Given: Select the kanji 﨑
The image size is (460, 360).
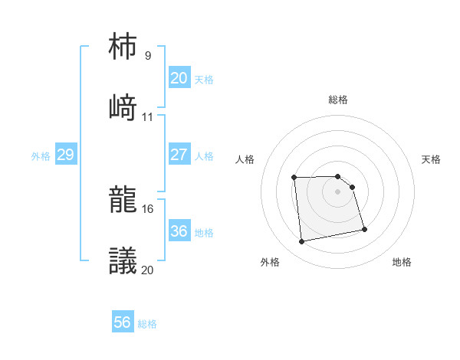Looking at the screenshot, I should click(123, 107).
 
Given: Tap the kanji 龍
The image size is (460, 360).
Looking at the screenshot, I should click(123, 201).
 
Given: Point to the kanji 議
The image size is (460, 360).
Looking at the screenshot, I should click(123, 261).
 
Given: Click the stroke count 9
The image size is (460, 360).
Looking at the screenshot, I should click(148, 56).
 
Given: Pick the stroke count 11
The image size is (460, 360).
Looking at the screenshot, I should click(148, 117).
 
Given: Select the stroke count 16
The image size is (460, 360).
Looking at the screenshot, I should click(148, 208).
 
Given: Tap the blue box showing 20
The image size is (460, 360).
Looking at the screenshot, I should click(179, 78).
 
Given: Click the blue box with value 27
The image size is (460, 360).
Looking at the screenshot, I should click(179, 155).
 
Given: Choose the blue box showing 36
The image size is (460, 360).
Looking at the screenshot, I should click(179, 231).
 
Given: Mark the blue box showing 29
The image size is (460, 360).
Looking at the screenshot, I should click(65, 155).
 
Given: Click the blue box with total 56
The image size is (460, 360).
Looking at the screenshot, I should click(122, 322).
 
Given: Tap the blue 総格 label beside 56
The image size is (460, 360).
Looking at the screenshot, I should click(147, 324).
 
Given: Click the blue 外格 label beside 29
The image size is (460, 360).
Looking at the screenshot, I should click(41, 156).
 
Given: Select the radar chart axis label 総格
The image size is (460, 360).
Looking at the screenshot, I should click(338, 100).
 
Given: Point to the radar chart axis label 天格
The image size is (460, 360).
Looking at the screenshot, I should click(432, 159).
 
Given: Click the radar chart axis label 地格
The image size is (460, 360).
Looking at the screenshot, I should click(402, 262).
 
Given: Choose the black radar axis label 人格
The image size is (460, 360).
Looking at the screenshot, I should click(245, 159).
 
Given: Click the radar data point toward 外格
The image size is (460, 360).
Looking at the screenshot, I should click(302, 242).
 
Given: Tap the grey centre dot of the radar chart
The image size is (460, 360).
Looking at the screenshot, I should click(338, 191).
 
